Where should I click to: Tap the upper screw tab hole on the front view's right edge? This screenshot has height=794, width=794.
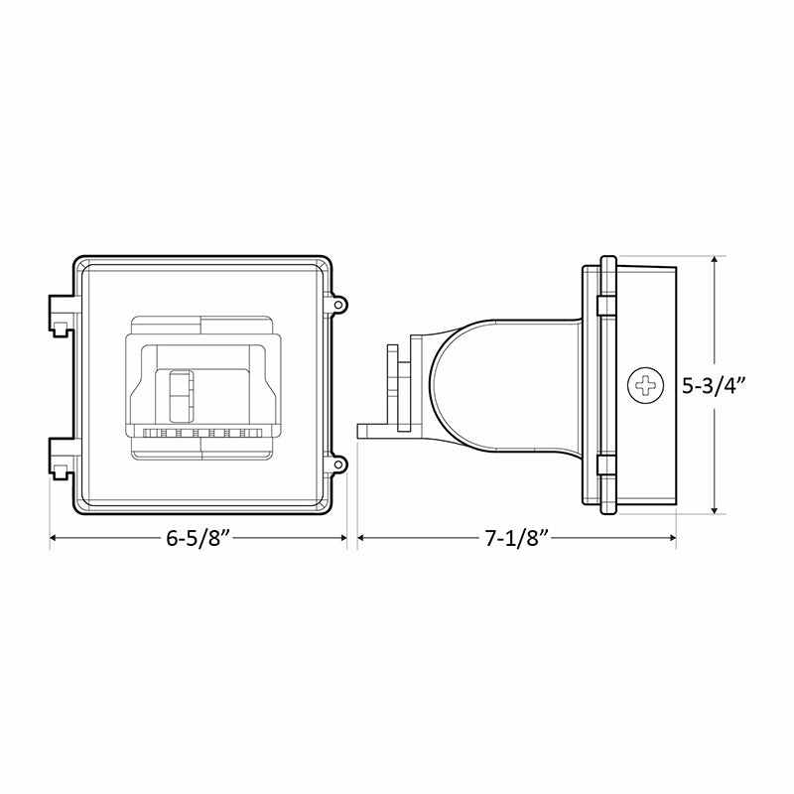339,304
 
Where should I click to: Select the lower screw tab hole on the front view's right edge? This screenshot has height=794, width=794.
339,463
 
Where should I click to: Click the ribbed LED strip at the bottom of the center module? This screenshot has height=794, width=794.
203,434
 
